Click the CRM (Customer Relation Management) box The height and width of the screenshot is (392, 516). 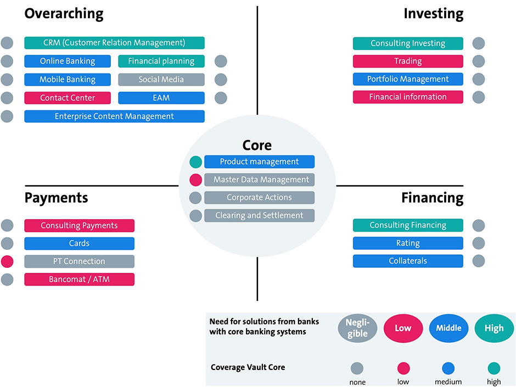click(114, 43)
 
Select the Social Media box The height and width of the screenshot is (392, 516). click(161, 79)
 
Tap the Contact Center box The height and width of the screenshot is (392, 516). click(68, 98)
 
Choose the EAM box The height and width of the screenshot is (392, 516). click(161, 98)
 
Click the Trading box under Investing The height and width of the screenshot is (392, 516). click(408, 61)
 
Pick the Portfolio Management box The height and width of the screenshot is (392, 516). click(408, 79)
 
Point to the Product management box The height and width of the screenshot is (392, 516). click(259, 161)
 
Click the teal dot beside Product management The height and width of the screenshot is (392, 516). click(195, 162)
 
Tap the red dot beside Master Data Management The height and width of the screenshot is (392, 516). click(195, 180)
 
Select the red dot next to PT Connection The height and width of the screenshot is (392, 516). click(7, 261)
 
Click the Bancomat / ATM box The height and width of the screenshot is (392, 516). click(79, 279)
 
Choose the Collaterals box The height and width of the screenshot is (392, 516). click(408, 261)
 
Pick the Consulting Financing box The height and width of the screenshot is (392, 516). click(408, 225)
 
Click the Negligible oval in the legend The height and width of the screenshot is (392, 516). click(357, 328)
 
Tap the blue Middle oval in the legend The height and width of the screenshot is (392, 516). click(448, 328)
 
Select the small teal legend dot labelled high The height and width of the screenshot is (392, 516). click(493, 368)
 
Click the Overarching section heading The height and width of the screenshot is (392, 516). click(64, 14)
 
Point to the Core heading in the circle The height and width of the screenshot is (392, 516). click(257, 145)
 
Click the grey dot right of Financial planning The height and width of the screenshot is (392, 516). click(221, 61)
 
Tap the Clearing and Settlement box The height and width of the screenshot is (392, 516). click(259, 215)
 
